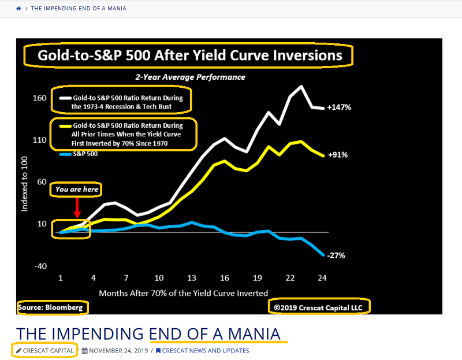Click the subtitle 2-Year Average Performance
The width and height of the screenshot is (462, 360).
click(x=190, y=77)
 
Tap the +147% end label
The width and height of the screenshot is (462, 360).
click(x=339, y=107)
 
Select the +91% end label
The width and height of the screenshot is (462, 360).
click(x=337, y=155)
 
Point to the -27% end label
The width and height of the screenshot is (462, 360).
click(x=336, y=255)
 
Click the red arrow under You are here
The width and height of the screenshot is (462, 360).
click(x=77, y=207)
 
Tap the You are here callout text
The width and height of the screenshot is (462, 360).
click(x=77, y=189)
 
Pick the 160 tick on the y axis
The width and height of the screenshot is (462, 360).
click(x=39, y=98)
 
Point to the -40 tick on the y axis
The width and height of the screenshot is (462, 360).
click(x=39, y=266)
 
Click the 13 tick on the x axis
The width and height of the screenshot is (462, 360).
click(x=192, y=278)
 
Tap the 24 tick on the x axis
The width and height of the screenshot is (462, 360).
click(x=322, y=278)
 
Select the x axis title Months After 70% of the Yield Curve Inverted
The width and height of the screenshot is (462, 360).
click(x=184, y=293)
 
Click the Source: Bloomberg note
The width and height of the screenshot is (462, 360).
click(x=53, y=307)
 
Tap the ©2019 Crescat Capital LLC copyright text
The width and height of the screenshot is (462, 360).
click(x=319, y=307)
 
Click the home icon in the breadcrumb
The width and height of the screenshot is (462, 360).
click(x=19, y=9)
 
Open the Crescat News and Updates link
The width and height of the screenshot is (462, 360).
click(x=206, y=351)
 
